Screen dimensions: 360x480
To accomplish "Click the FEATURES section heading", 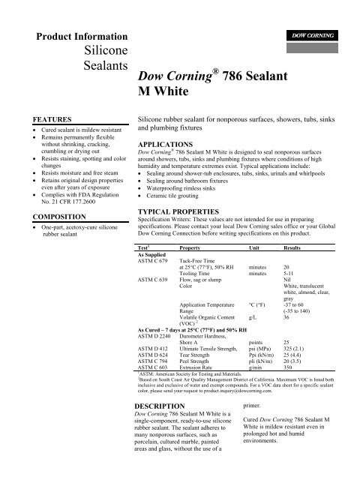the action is (47, 119).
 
